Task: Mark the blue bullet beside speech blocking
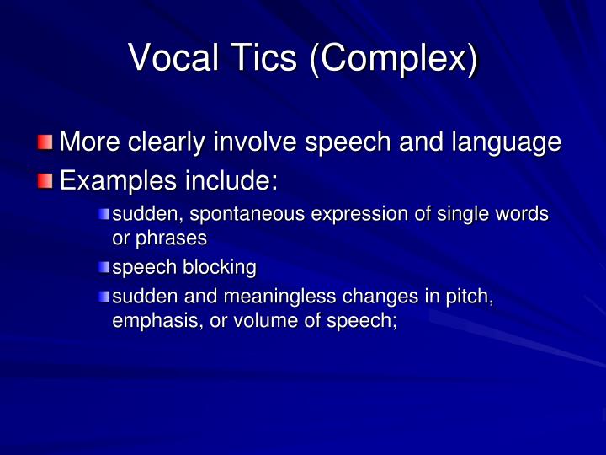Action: pyautogui.click(x=104, y=268)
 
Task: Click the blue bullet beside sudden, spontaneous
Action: pyautogui.click(x=104, y=214)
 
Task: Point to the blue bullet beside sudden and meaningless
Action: pyautogui.click(x=104, y=297)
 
